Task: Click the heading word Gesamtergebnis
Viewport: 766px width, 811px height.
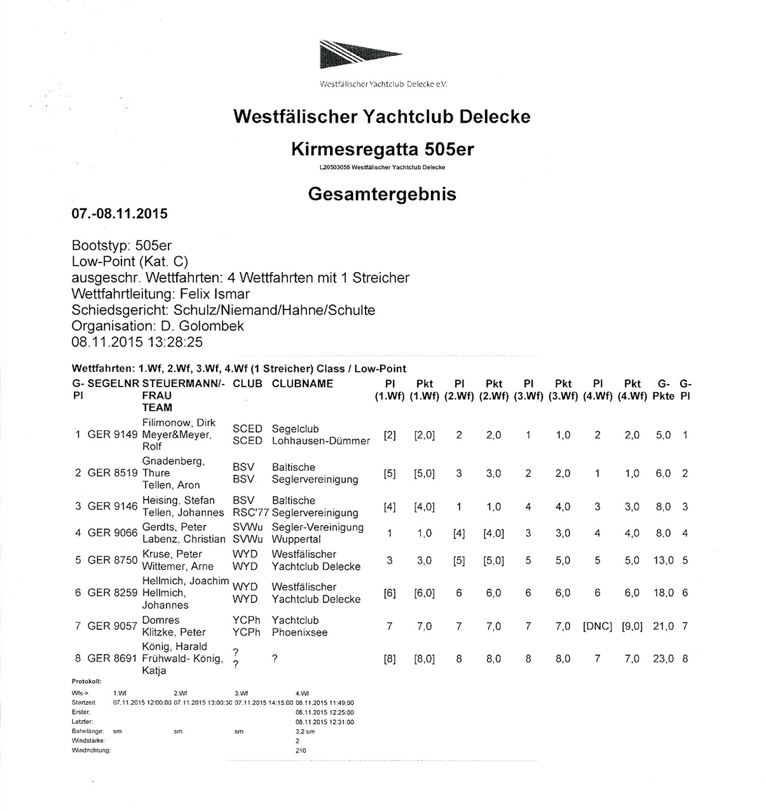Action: coord(382,194)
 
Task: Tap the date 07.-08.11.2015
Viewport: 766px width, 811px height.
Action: coord(120,214)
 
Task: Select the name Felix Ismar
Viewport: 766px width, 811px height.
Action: coord(215,294)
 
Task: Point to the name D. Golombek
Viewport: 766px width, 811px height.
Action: coord(200,326)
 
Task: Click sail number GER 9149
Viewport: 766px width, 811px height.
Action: coord(113,435)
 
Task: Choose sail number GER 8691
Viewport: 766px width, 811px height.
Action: coord(113,658)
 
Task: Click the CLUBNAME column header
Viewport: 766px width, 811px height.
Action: coord(303,384)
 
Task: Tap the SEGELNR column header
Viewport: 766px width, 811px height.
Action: coord(113,384)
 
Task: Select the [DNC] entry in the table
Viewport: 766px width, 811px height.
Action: coord(598,626)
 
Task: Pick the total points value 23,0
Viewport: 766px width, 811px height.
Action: coord(663,658)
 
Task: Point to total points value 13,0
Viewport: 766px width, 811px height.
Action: coord(663,561)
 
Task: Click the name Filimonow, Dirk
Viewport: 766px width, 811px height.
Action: coord(179,423)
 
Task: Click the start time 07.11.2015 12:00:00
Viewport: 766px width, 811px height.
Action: coord(142,703)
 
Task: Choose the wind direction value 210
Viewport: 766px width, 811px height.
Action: coord(301,751)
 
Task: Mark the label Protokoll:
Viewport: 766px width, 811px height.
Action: coord(86,681)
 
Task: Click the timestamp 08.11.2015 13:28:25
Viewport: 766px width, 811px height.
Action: coord(137,342)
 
